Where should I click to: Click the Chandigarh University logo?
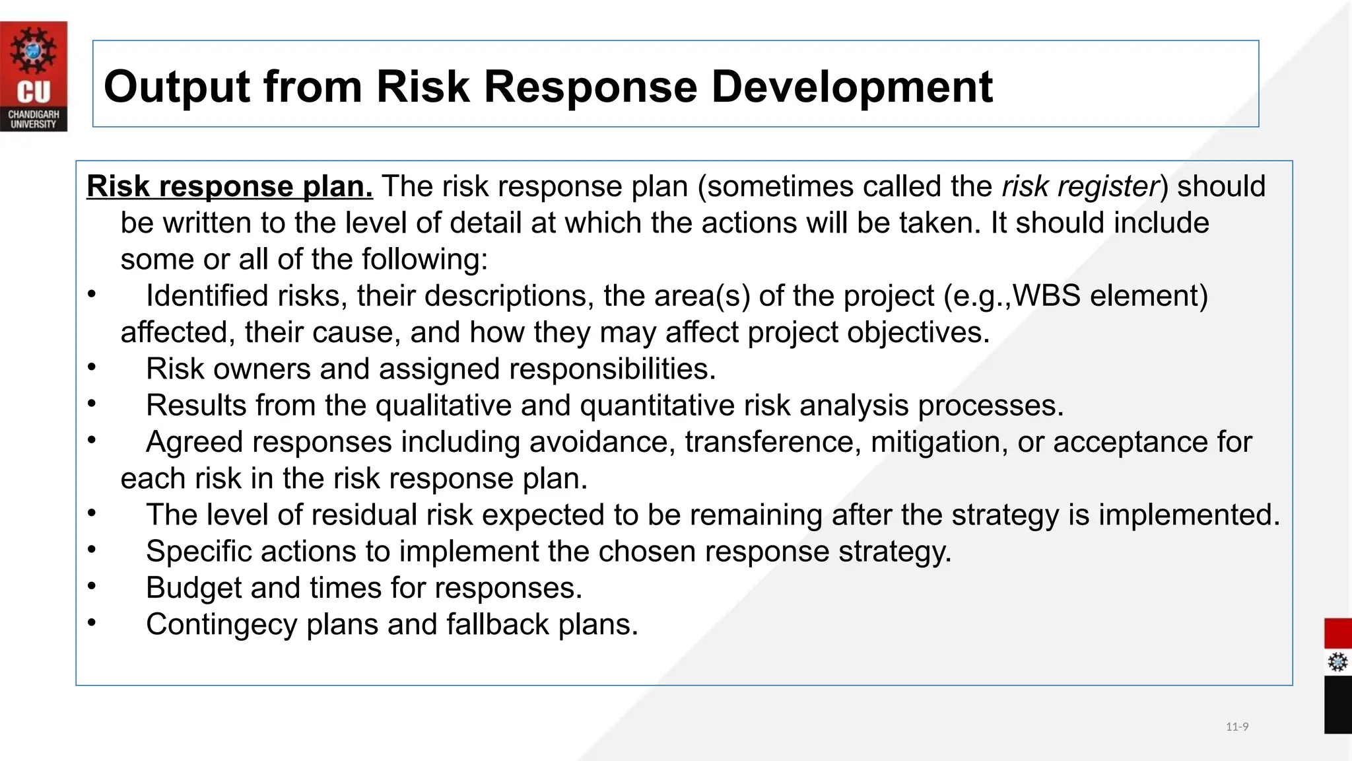pyautogui.click(x=34, y=76)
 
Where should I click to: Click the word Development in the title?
pyautogui.click(x=852, y=87)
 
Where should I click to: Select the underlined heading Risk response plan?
pyautogui.click(x=229, y=187)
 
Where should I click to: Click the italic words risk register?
pyautogui.click(x=1080, y=187)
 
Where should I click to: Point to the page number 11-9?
pyautogui.click(x=1236, y=727)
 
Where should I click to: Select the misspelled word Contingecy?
pyautogui.click(x=221, y=625)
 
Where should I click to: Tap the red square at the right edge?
pyautogui.click(x=1337, y=634)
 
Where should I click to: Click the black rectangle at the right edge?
pyautogui.click(x=1337, y=704)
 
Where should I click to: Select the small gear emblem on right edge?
pyautogui.click(x=1337, y=662)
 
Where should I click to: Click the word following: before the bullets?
pyautogui.click(x=424, y=260)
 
